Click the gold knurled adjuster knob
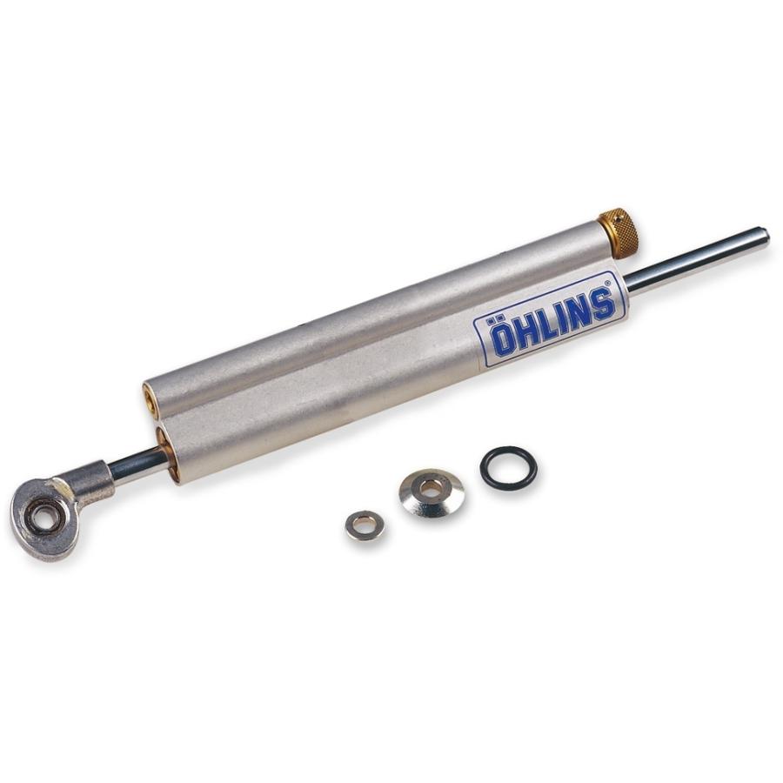point(619,232)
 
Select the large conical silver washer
point(432,492)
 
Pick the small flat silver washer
point(365,525)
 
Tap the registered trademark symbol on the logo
point(608,283)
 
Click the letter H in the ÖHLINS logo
point(523,330)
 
